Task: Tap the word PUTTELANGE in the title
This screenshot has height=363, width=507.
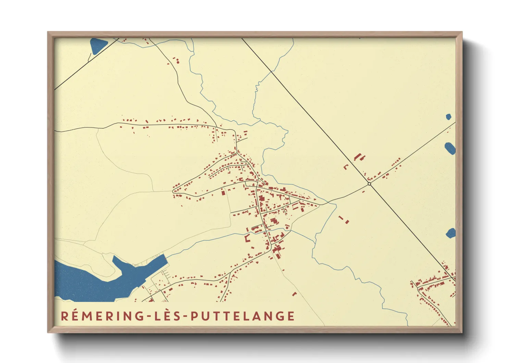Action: (243, 316)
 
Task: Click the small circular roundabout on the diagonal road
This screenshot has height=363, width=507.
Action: (369, 184)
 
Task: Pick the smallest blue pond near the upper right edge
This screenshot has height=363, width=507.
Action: (448, 117)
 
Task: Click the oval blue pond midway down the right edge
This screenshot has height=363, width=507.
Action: (450, 148)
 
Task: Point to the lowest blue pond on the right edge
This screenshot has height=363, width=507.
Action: (451, 233)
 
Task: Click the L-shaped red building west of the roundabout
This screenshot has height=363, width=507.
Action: (346, 167)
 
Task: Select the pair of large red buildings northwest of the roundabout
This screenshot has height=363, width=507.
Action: (359, 157)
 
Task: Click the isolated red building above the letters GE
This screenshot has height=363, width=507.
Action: (294, 294)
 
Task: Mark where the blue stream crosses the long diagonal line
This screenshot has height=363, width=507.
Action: (272, 71)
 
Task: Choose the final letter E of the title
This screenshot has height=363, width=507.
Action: (291, 316)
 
